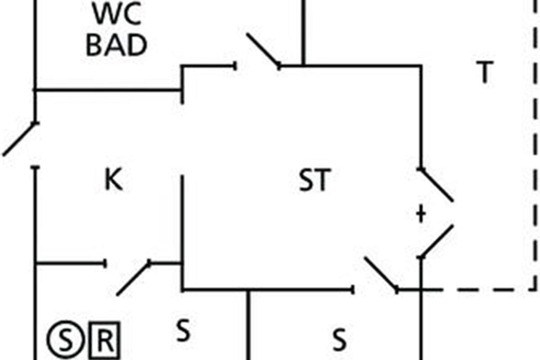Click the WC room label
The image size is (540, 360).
point(117,14)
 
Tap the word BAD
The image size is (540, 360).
point(116,45)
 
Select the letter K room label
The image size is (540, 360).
point(113,179)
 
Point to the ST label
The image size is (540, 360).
point(315,180)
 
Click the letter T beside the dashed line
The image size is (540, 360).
point(485,72)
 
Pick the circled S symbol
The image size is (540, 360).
point(66,339)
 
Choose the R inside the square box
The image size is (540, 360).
point(104,340)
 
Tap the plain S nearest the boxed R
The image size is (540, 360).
point(183,330)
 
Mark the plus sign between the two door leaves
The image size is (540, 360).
point(421,214)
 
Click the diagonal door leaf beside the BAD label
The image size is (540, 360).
point(263,50)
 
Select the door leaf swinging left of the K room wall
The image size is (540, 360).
point(20,139)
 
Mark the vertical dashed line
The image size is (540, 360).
point(535,145)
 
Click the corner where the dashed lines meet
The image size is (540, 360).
point(535,289)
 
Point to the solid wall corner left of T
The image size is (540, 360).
point(421,65)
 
